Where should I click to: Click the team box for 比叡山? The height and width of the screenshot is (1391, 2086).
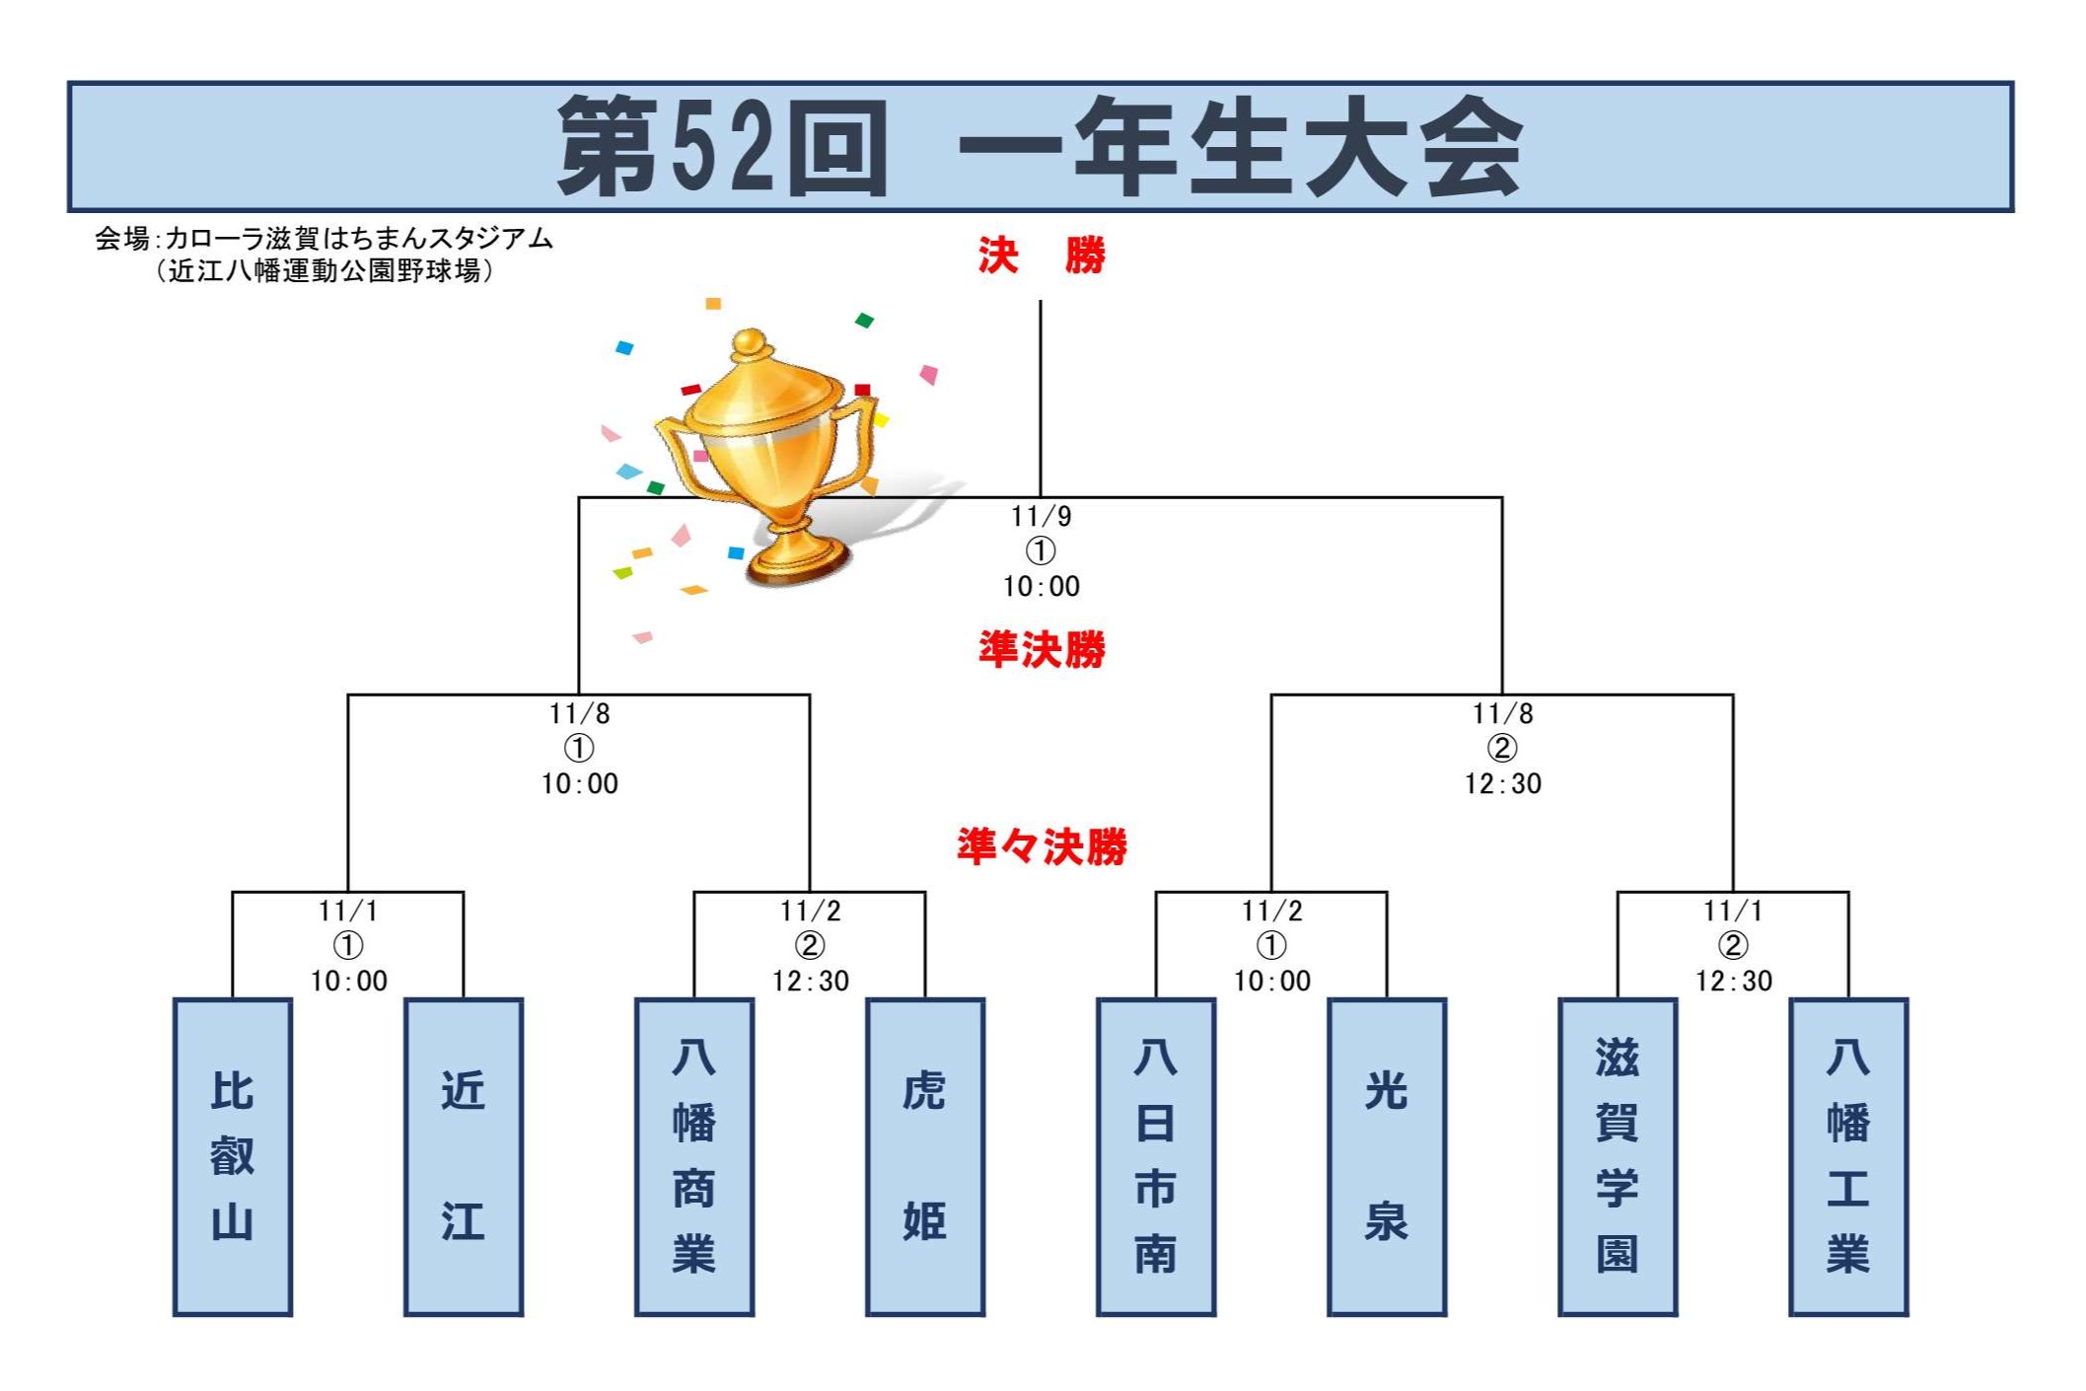click(233, 1156)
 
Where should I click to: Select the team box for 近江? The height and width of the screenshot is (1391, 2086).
click(464, 1156)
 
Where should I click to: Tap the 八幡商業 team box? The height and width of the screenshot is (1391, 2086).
click(694, 1156)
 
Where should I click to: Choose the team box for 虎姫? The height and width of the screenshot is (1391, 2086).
click(925, 1156)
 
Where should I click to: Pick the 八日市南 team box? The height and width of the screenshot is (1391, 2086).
click(1156, 1156)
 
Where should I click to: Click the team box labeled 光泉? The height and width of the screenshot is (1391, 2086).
click(1387, 1156)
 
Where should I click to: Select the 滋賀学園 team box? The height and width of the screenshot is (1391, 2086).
click(1618, 1156)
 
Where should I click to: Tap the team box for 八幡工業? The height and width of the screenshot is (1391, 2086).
click(1848, 1156)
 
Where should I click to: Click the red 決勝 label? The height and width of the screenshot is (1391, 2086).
click(1042, 256)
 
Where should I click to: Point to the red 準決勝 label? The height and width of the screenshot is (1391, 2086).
click(1042, 649)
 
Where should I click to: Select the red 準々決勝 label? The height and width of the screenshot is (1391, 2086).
click(1042, 846)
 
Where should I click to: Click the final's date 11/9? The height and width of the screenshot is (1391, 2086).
click(1042, 516)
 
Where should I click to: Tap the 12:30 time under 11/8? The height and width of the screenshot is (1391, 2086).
click(1502, 784)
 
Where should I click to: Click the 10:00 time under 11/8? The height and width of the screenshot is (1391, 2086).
click(580, 784)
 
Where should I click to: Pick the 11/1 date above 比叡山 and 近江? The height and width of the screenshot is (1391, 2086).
click(348, 911)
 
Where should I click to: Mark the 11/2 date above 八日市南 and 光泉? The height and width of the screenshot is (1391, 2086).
click(1271, 911)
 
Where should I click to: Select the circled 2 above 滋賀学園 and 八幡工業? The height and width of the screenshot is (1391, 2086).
click(1733, 945)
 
